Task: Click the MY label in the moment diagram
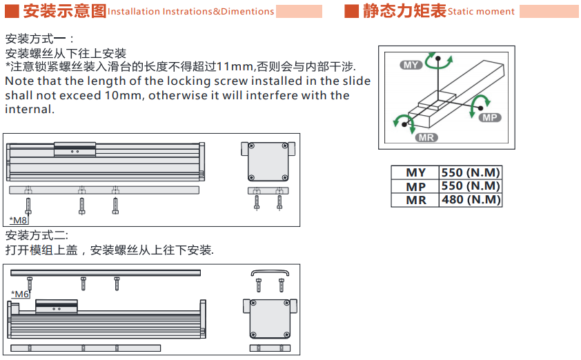pos(411,66)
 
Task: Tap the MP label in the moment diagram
pos(490,118)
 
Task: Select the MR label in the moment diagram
pos(426,138)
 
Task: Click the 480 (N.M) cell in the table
pos(471,200)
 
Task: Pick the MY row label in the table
pos(416,172)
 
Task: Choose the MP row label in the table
pos(416,187)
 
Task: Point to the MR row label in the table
pos(416,200)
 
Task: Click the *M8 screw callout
pos(18,221)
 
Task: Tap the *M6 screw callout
pos(20,294)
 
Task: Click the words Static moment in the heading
pos(481,12)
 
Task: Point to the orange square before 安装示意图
pos(12,11)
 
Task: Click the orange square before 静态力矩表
pos(352,11)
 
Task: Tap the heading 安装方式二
pos(37,236)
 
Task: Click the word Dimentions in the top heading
pos(247,12)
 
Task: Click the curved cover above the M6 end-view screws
pos(270,272)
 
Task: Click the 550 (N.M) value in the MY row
pos(471,172)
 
